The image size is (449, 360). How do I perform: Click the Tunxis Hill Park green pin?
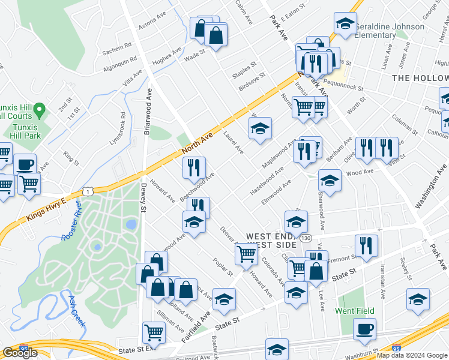(40, 110)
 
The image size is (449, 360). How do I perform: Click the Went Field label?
(355, 311)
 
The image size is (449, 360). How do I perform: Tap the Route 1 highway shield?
(88, 191)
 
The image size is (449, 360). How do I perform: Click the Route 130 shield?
(306, 238)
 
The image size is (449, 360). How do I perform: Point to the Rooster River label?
(71, 223)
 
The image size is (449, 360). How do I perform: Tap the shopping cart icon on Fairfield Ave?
(246, 254)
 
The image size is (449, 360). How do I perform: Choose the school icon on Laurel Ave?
(260, 128)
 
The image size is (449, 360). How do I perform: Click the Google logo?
(20, 353)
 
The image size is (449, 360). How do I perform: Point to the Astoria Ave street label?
(152, 23)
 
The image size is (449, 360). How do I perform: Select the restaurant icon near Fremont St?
(365, 244)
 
